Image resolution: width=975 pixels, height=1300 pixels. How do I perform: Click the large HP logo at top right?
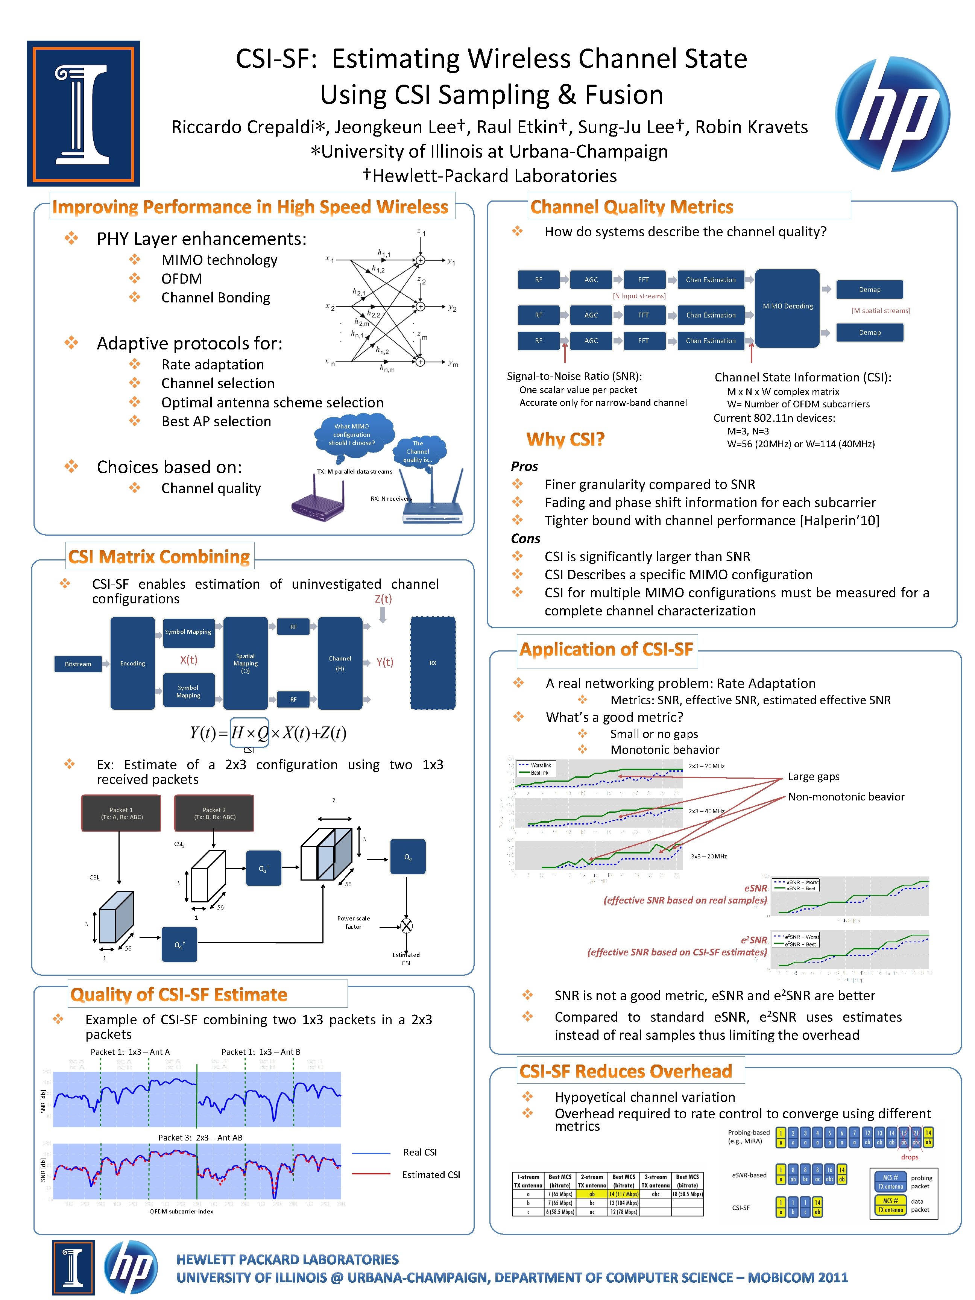pos(892,114)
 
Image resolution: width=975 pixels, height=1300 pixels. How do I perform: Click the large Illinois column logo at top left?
pos(84,114)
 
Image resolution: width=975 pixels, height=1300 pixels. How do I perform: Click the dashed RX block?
pos(433,663)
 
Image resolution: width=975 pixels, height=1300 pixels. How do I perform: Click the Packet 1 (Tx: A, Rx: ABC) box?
pos(121,813)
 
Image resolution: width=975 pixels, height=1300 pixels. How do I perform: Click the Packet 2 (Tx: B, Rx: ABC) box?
pos(214,813)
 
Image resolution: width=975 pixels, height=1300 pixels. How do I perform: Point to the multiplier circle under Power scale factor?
pos(406,926)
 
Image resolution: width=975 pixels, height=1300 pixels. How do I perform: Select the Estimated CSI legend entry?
pos(430,1174)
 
